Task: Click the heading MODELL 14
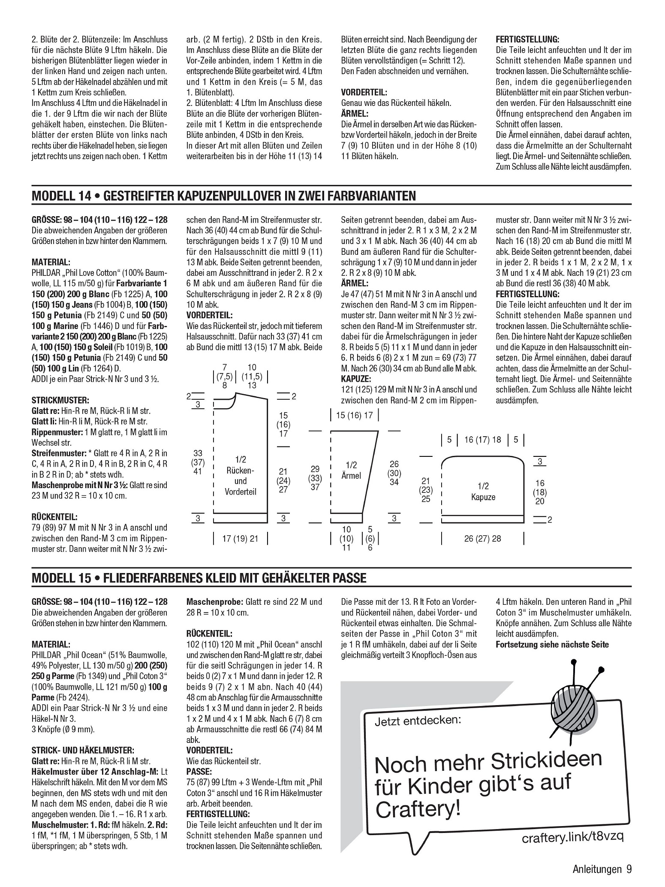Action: point(62,196)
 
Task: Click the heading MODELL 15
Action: point(62,578)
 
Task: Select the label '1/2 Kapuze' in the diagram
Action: point(483,492)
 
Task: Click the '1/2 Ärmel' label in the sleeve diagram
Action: point(351,471)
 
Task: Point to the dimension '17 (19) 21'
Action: point(240,539)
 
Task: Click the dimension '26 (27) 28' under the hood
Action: point(482,539)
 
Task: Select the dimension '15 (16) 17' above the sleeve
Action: point(355,416)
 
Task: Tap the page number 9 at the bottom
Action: point(629,869)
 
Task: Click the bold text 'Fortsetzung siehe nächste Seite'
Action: point(552,645)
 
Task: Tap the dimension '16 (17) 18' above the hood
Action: point(482,440)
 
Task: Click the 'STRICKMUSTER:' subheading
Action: point(60,401)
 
